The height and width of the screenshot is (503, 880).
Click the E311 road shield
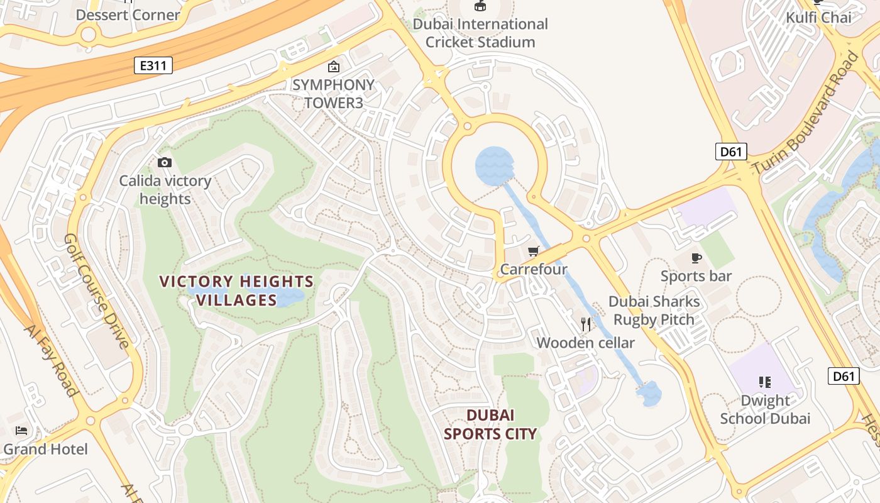coord(153,65)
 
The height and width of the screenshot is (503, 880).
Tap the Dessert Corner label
coord(128,14)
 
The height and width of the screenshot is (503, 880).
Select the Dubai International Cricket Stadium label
coord(480,33)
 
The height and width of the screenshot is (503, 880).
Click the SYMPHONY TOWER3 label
coord(333,93)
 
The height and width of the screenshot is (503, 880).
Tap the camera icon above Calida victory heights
coord(165,163)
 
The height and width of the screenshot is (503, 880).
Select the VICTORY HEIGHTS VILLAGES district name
coord(236,290)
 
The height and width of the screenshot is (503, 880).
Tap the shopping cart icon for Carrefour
coord(534,251)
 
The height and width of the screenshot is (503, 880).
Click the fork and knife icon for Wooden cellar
coord(586,324)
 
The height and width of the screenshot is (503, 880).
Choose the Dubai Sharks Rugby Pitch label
coord(654,311)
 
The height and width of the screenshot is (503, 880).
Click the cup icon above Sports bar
coord(696,258)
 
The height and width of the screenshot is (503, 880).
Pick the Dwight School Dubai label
coord(765,409)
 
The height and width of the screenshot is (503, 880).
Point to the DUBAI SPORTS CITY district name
coord(490,424)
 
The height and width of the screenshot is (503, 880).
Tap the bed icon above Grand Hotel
coord(21,431)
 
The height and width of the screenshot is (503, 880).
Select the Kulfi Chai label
coord(818,17)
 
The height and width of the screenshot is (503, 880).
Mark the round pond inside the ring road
coord(495,165)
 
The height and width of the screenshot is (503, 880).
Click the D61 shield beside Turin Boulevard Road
coord(730,152)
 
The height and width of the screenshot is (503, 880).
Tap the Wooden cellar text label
coord(585,343)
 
